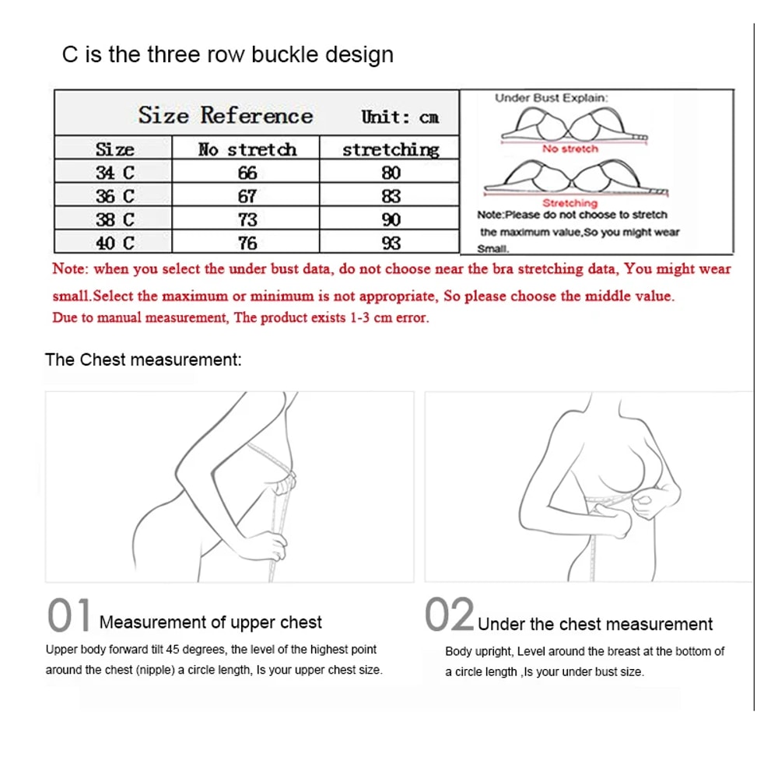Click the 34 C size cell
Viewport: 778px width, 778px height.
click(x=114, y=172)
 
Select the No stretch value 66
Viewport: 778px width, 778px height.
click(x=247, y=172)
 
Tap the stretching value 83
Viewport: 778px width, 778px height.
click(x=391, y=195)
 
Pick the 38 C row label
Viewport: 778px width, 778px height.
click(x=114, y=219)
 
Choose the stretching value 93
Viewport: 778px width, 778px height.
click(x=391, y=243)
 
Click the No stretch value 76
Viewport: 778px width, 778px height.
click(x=247, y=243)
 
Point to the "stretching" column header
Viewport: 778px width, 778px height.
click(x=391, y=149)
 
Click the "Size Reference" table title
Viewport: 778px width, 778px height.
click(x=226, y=116)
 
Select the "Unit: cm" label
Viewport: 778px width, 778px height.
click(x=399, y=117)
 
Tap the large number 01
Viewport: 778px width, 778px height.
click(x=69, y=615)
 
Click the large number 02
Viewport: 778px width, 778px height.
click(x=449, y=615)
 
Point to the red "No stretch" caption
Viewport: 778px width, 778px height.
click(x=570, y=149)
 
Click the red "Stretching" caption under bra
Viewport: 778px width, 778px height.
click(x=570, y=203)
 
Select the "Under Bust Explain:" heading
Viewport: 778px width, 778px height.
click(x=552, y=98)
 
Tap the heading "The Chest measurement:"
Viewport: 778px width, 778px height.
click(x=144, y=359)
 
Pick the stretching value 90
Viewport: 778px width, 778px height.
click(x=391, y=219)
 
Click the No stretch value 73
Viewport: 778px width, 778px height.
click(x=247, y=219)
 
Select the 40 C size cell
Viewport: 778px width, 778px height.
click(x=114, y=243)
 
